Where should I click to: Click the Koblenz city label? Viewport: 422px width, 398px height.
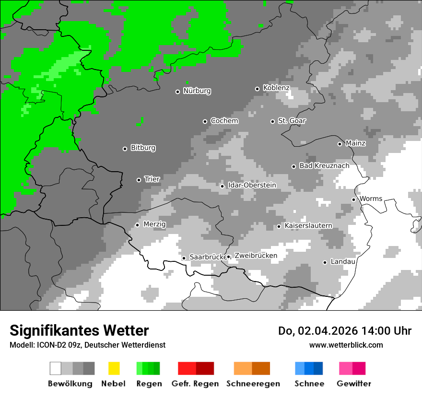click(x=276, y=88)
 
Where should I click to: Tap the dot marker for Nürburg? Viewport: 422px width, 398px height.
click(x=177, y=92)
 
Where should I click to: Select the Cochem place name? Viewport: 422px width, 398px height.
click(x=224, y=121)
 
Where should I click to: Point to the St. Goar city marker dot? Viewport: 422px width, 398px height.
click(x=272, y=121)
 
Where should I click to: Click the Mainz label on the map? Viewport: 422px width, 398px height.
click(x=355, y=143)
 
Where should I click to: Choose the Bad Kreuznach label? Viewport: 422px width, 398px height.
click(x=324, y=166)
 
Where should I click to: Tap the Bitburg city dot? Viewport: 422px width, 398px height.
click(x=125, y=149)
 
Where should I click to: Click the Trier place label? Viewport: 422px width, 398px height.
click(x=152, y=179)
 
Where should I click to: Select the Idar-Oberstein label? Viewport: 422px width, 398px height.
click(x=252, y=186)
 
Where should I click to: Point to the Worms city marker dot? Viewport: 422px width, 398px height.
click(x=353, y=199)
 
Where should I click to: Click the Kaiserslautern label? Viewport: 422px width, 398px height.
click(x=308, y=226)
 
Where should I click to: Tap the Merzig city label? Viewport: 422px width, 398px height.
click(x=154, y=224)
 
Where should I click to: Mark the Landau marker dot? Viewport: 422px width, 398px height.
click(x=325, y=262)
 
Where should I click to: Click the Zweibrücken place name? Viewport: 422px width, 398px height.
click(x=256, y=256)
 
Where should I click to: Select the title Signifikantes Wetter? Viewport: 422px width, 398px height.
click(x=79, y=330)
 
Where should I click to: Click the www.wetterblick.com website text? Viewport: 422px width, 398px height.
click(x=346, y=345)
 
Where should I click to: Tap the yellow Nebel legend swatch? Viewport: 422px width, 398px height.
click(x=114, y=368)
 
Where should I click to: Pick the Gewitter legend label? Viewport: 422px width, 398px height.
click(x=354, y=384)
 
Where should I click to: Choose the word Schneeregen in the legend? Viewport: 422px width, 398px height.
click(x=253, y=384)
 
